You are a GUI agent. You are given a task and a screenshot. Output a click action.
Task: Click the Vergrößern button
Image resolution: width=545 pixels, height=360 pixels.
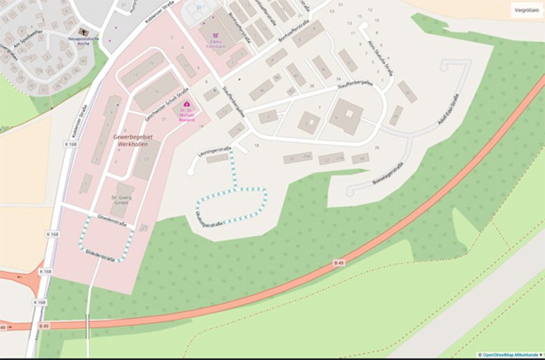tap(525, 10)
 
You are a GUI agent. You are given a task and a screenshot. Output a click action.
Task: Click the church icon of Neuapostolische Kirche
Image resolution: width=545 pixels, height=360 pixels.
tap(83, 32)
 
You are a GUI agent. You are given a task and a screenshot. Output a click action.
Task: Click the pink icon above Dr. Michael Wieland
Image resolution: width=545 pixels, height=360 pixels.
tap(186, 104)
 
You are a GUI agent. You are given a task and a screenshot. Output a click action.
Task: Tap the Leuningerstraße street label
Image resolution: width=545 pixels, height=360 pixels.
tap(215, 150)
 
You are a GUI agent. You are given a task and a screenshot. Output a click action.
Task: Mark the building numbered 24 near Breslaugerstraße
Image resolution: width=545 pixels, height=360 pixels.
tap(361, 159)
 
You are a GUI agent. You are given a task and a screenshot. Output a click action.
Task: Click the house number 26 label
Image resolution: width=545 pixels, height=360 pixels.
tap(377, 147)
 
